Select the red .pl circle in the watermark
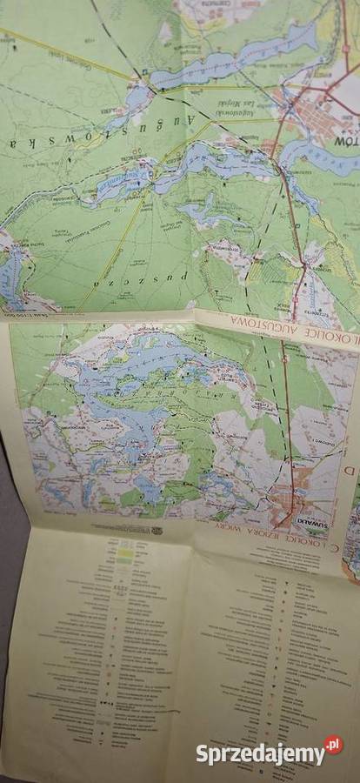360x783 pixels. (334, 746)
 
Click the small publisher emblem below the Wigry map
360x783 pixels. (157, 530)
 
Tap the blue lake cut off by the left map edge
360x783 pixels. (10, 278)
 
